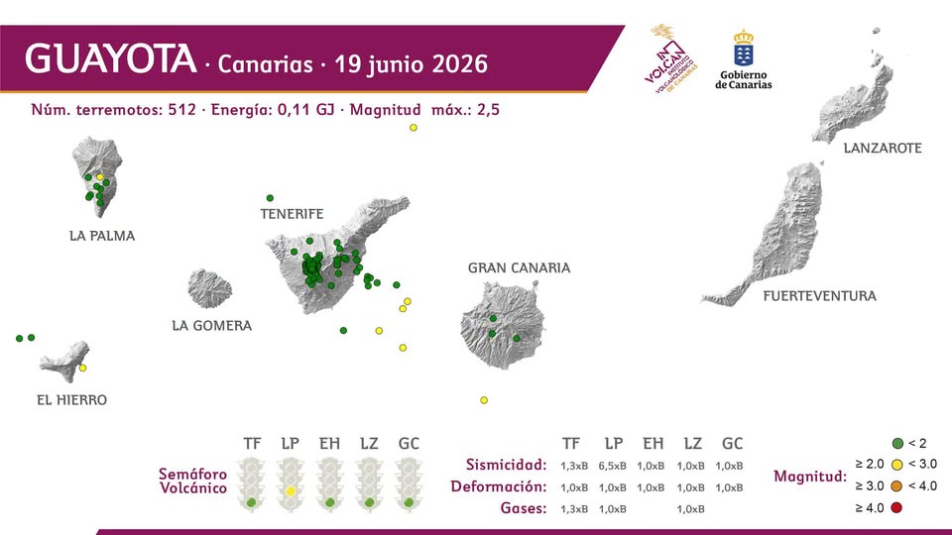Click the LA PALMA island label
102,236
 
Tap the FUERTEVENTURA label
820,296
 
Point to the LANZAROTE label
883,148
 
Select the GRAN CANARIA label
519,268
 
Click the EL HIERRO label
71,400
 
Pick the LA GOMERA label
212,326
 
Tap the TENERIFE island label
292,214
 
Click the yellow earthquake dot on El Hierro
82,369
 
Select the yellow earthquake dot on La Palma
100,177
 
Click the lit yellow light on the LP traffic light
291,490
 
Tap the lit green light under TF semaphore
251,503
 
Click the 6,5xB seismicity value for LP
612,466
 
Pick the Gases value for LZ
691,509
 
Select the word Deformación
499,486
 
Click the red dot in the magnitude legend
896,507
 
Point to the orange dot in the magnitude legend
896,485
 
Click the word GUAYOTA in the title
110,58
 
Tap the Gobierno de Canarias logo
743,60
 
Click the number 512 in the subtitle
182,110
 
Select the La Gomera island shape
210,288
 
